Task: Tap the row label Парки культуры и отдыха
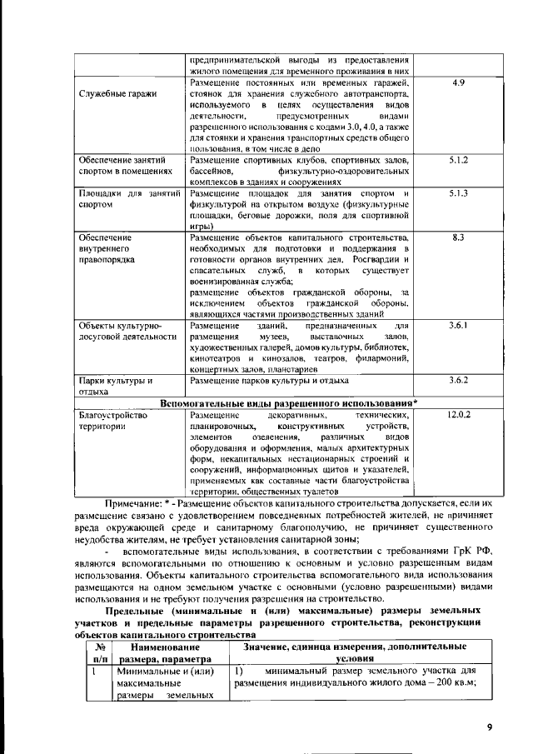pos(115,385)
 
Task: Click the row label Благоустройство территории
pos(112,419)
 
